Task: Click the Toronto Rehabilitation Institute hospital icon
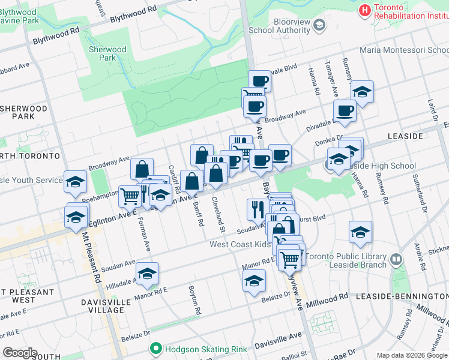pos(364,10)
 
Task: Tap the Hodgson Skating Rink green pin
pos(156,348)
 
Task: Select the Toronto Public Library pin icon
pos(396,259)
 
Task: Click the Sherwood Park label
pos(107,53)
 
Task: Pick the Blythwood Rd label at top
pos(134,13)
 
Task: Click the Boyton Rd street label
pos(194,300)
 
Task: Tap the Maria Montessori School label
pos(403,50)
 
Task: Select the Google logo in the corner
pos(20,353)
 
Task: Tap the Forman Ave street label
pos(145,236)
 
